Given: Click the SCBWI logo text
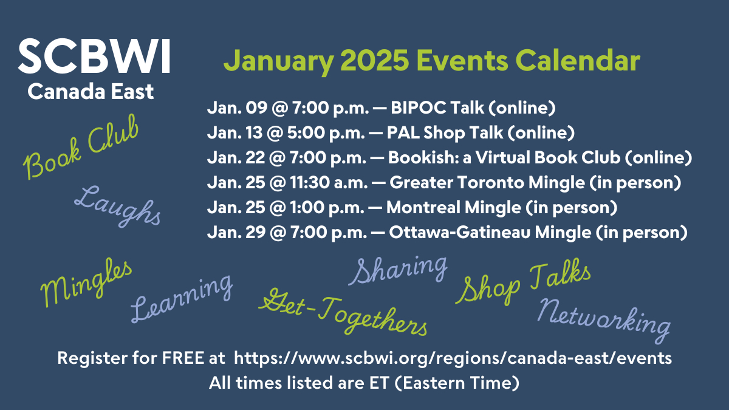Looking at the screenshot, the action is tap(94, 56).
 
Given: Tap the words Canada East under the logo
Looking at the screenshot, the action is tap(91, 92).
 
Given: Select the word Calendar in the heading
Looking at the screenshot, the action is tap(577, 61).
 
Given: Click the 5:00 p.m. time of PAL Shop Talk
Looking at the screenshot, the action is tap(326, 133).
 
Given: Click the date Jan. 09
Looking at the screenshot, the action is tap(238, 108).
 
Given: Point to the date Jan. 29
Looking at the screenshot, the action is tap(236, 232).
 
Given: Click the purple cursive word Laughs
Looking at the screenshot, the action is tap(118, 206).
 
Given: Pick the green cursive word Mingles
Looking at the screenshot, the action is tap(86, 282).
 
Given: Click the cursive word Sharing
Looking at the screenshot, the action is tap(398, 270).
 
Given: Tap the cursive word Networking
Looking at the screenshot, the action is tap(604, 321).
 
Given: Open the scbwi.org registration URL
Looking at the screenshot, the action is tap(453, 358).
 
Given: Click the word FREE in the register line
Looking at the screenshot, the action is tap(183, 358).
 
